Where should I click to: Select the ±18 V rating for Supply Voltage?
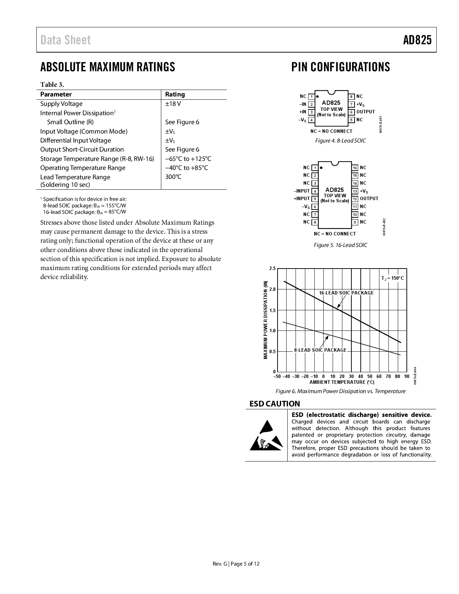pos(173,104)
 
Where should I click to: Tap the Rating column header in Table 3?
pos(175,94)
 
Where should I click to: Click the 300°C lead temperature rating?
pos(173,177)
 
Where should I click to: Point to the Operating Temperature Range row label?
pos(83,168)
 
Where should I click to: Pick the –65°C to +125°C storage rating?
pos(188,159)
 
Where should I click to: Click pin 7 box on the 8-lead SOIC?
pos(352,104)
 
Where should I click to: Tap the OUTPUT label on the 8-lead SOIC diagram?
pos(365,112)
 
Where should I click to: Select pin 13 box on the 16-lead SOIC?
pos(355,191)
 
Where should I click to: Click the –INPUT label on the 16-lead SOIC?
pos(302,191)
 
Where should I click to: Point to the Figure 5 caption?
pos(341,245)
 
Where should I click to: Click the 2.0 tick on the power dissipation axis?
pos(272,289)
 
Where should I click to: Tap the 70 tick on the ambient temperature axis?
pos(388,377)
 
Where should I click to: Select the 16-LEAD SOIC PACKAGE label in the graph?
pos(346,293)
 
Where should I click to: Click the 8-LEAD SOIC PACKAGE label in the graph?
pos(320,350)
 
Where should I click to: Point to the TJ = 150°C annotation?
pos(392,278)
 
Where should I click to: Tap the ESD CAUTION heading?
pos(275,404)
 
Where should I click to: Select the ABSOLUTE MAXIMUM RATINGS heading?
pos(108,67)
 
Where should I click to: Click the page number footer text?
pos(236,564)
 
